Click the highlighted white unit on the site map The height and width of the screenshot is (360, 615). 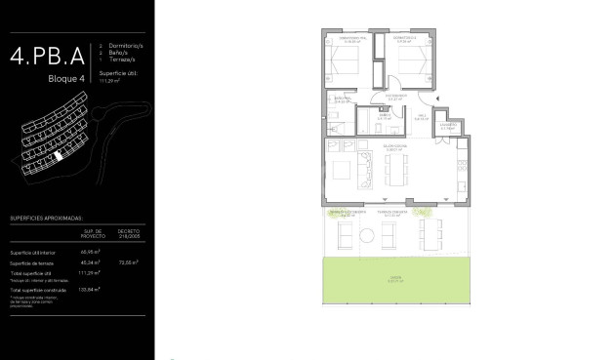(58, 154)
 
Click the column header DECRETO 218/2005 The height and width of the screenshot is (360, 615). (129, 235)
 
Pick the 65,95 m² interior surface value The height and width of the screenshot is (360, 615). (93, 251)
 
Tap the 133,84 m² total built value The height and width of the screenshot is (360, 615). (94, 289)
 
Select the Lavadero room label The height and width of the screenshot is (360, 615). (448, 126)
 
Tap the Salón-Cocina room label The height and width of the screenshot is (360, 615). (392, 146)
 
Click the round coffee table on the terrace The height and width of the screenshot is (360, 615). (366, 235)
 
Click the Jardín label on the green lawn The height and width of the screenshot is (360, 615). (394, 277)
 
